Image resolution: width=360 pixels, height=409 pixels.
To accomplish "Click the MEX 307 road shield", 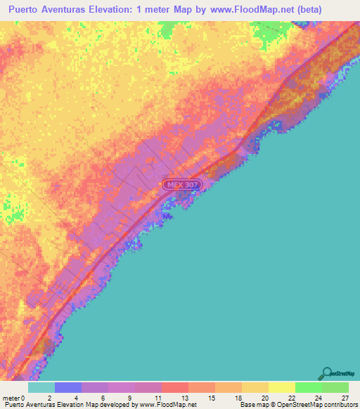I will point(183,185).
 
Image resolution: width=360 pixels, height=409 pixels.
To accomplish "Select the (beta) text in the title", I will point(339,10).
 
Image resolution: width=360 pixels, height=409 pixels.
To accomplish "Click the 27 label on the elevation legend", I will point(344,397).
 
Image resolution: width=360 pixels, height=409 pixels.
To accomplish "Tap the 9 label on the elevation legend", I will point(130,397).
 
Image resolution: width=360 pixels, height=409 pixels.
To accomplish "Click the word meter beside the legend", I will point(11,397).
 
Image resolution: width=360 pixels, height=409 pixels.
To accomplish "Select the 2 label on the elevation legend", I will point(49,397).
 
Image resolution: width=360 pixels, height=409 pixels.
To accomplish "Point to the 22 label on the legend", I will point(290,397).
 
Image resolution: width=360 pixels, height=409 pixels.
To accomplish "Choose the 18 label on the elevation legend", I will point(237,397).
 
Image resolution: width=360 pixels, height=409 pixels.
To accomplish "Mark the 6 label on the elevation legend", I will point(103,397).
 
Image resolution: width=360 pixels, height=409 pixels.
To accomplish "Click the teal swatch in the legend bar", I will point(41,387).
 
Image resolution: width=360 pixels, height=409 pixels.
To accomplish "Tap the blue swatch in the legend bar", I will point(68,387).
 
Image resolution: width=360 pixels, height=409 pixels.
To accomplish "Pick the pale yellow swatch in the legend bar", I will point(282,387).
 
